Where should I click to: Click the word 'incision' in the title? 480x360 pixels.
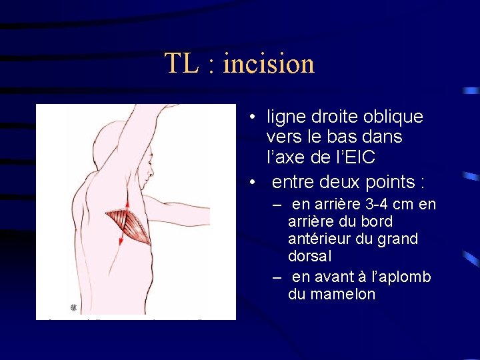[x=269, y=64]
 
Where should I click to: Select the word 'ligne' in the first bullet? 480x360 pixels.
[x=284, y=117]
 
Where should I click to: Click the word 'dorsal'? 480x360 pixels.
[x=310, y=255]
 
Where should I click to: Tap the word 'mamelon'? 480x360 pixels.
[x=332, y=294]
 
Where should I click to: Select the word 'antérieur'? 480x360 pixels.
[x=317, y=238]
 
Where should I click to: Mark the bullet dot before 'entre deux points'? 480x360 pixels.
[x=253, y=182]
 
